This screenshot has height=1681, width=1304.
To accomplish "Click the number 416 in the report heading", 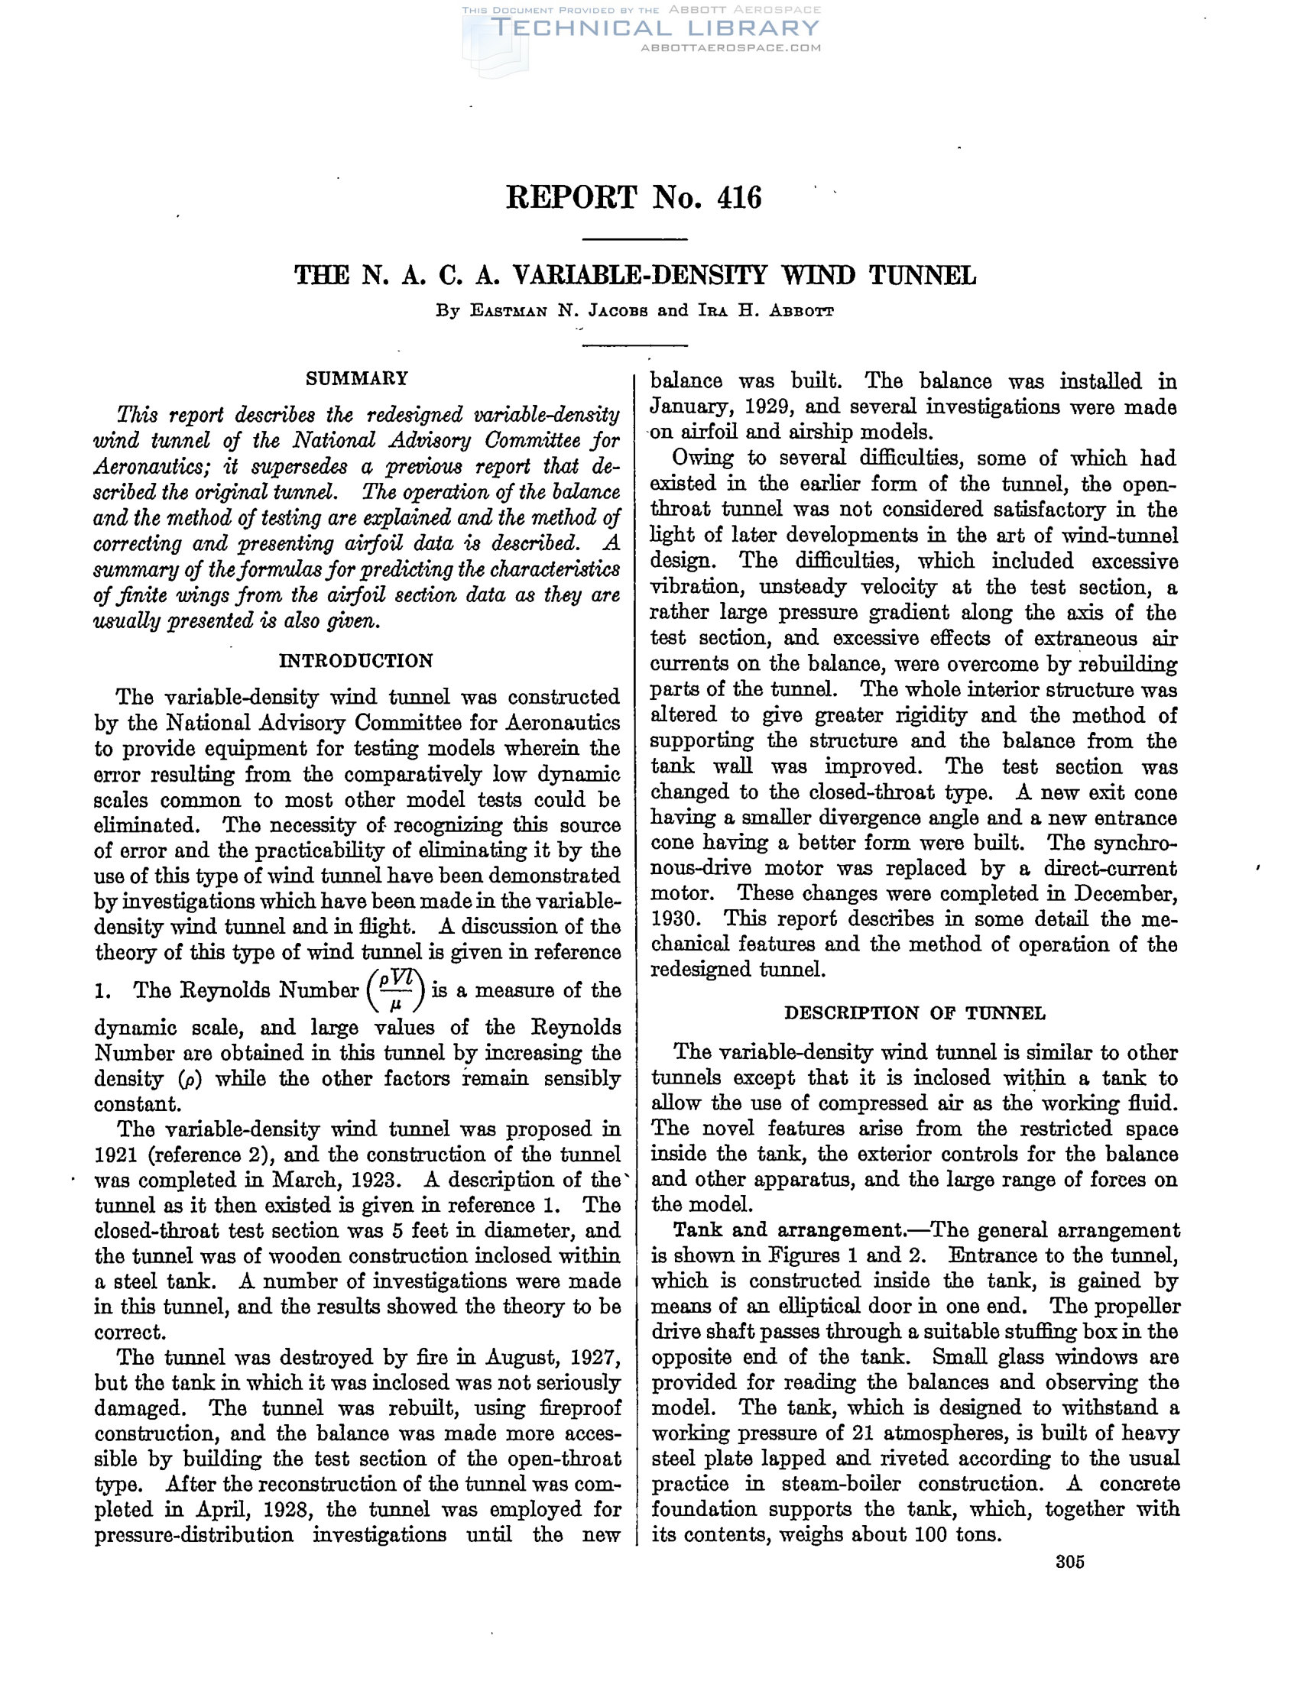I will coord(738,198).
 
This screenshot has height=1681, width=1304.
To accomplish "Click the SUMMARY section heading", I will coord(357,379).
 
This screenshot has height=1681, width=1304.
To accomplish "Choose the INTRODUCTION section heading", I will coord(355,661).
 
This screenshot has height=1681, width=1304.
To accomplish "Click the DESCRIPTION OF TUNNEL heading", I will coord(914,1013).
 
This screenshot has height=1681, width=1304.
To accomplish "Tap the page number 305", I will coord(1070,1562).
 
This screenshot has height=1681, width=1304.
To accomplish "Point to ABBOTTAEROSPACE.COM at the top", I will coord(731,47).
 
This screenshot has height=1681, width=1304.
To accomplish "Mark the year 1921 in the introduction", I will coord(115,1155).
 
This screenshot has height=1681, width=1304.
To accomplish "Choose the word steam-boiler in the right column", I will coord(841,1484).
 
